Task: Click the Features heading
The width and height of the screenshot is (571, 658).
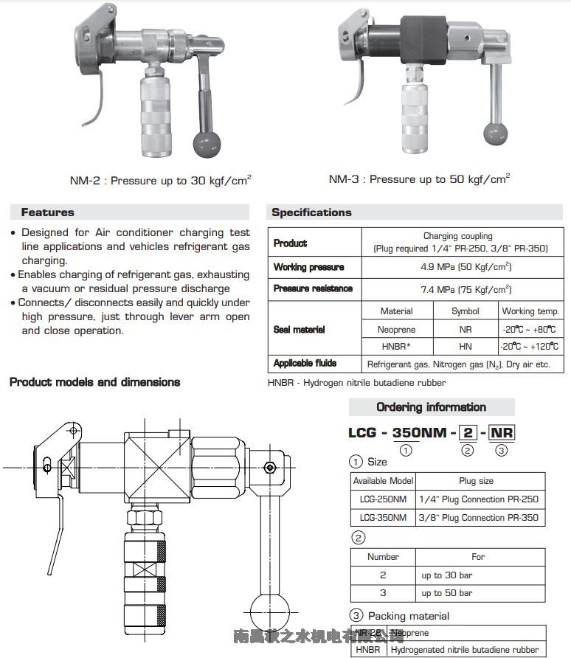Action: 48,212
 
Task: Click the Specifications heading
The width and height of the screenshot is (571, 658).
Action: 311,212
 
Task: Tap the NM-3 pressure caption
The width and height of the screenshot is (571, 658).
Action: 418,179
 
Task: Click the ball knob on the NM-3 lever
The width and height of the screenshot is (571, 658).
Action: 496,134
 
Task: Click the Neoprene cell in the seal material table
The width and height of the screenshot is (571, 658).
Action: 396,330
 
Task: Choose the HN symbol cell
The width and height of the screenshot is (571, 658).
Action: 466,347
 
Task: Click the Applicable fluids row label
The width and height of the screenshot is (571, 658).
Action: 305,364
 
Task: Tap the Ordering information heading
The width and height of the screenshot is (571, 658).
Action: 431,407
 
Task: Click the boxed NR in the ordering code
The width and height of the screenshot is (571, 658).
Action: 502,432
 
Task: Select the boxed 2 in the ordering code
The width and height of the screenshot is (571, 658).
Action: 467,432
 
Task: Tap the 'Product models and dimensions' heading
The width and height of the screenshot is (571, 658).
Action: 94,382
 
